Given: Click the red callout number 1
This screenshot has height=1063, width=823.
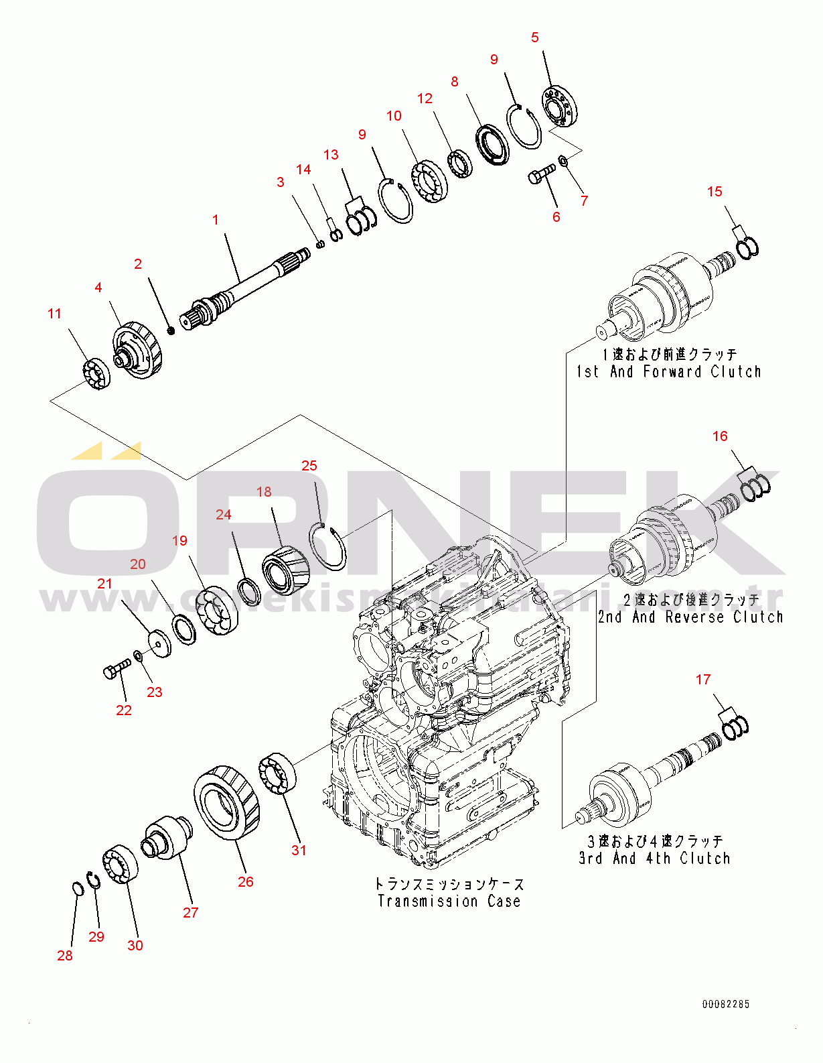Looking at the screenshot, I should [216, 220].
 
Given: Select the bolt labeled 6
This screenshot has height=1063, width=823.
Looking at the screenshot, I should [541, 174].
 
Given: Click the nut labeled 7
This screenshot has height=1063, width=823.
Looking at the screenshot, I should [563, 160].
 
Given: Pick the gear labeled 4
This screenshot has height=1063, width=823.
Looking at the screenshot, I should [139, 349].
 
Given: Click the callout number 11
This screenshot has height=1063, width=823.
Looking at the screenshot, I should [55, 314].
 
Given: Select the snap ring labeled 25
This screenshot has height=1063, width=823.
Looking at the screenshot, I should [328, 546].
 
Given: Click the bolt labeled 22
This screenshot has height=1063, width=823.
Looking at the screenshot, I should [117, 668].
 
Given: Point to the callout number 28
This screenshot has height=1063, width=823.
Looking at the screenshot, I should [65, 956].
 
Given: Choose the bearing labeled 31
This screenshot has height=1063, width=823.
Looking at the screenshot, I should [277, 773].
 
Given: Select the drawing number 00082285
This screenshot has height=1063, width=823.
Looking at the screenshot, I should [725, 1004].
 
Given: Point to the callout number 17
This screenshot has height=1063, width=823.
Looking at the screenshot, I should [703, 680].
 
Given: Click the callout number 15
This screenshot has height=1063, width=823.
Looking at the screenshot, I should [715, 192].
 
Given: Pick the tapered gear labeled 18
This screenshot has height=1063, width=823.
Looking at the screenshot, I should [285, 570].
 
